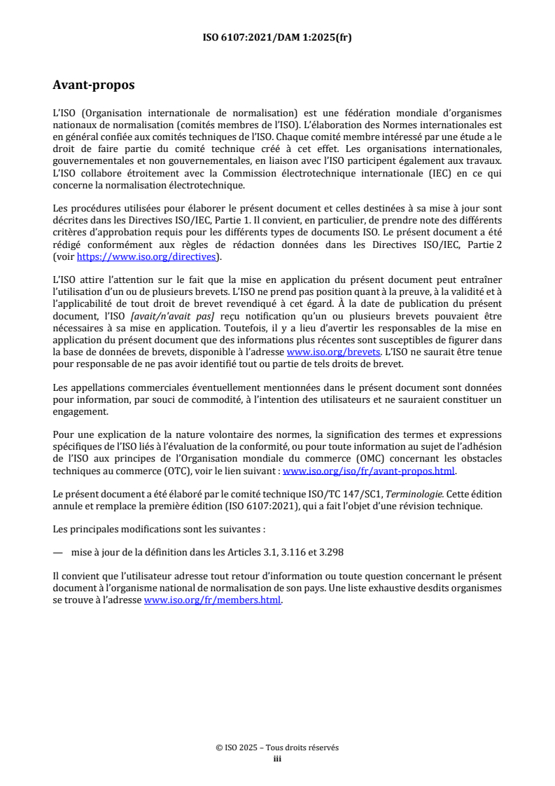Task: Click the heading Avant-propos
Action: (94, 85)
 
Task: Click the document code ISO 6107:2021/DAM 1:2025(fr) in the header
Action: (277, 37)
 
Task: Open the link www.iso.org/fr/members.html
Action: (213, 600)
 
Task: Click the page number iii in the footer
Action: (277, 758)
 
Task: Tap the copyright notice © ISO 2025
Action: (242, 747)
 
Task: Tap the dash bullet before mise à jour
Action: (58, 551)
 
